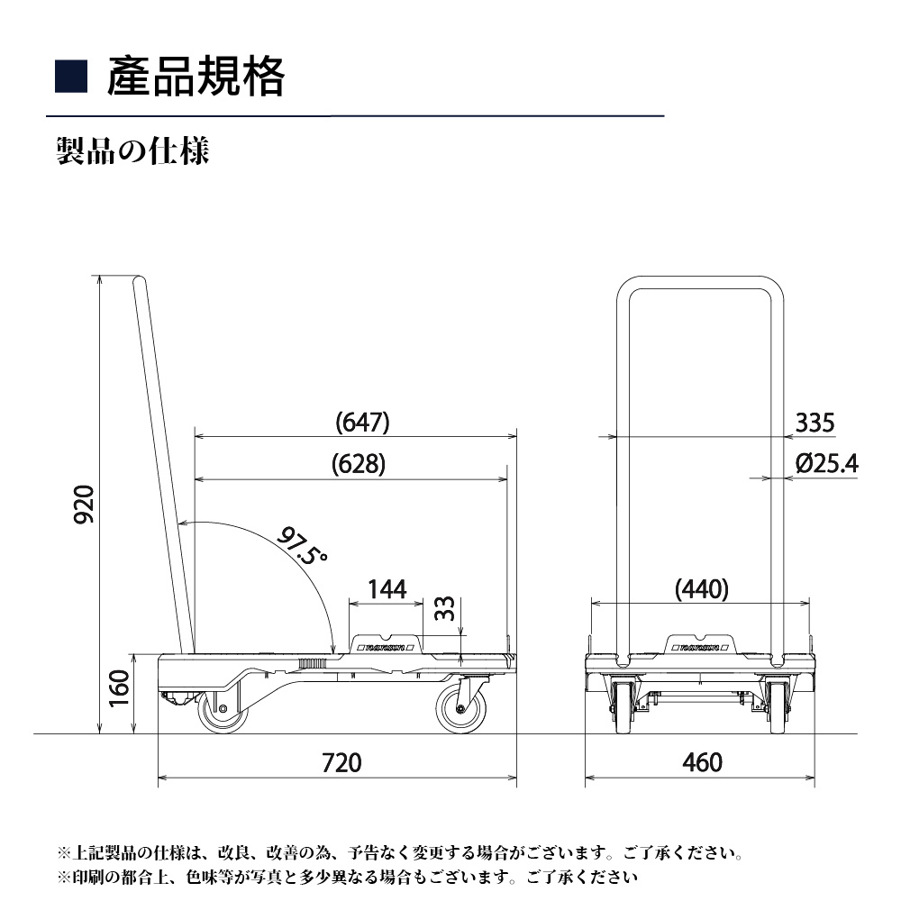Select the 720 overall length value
[341, 762]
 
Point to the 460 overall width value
[702, 762]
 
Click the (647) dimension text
[362, 422]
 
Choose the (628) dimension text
[358, 464]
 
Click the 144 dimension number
[387, 590]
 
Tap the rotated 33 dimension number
[444, 609]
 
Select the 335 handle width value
[815, 422]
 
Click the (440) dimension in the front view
[701, 590]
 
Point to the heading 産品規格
[196, 77]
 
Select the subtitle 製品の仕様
[132, 150]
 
